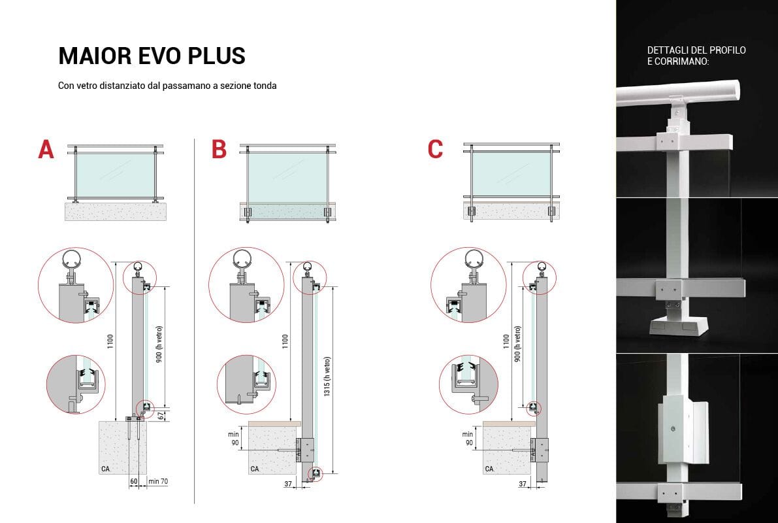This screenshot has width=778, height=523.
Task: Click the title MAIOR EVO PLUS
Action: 152,56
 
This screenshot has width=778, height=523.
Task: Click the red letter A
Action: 46,150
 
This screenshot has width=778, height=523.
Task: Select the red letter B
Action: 219,150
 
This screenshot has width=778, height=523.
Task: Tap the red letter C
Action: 435,150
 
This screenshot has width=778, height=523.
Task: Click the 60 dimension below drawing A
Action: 134,482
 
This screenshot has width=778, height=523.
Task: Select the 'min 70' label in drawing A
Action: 159,482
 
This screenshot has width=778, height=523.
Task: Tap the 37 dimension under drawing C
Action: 522,484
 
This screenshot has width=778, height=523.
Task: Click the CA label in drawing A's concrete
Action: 106,469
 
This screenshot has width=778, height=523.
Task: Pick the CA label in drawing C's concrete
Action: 489,469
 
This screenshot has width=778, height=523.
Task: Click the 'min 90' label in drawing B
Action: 233,439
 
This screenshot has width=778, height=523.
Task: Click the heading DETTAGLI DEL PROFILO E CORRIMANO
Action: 696,56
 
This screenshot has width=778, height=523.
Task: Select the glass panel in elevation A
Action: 115,175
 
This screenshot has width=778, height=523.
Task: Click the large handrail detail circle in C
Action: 468,285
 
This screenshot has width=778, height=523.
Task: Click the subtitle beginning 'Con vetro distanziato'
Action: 167,86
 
